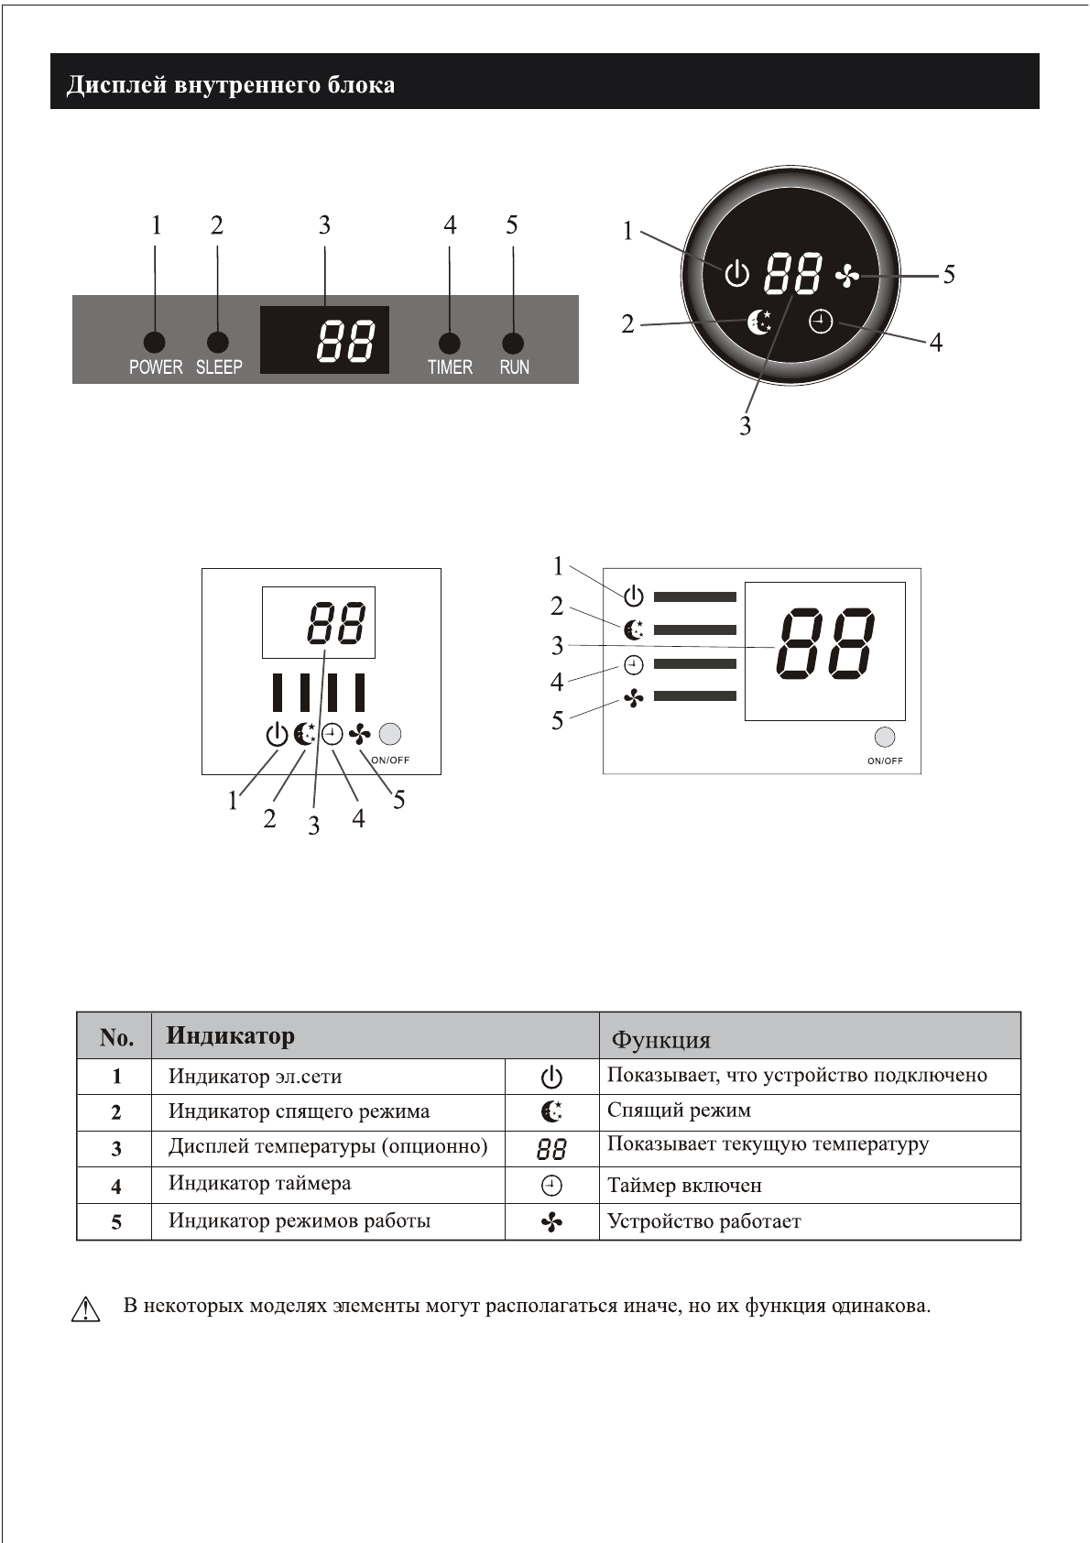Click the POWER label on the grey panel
tap(156, 367)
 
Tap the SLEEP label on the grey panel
tap(219, 367)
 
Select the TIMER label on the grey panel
tap(450, 367)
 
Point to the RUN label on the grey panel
tap(514, 367)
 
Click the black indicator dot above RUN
tap(513, 343)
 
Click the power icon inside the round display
tap(736, 274)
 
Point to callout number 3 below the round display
tap(745, 426)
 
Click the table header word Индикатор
tap(231, 1036)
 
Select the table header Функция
tap(660, 1040)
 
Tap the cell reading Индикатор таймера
tap(259, 1183)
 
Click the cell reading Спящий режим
tap(679, 1111)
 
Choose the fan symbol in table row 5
tap(551, 1222)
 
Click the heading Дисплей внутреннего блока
tap(230, 85)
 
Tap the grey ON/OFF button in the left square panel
tap(390, 734)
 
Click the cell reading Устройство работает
tap(703, 1221)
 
